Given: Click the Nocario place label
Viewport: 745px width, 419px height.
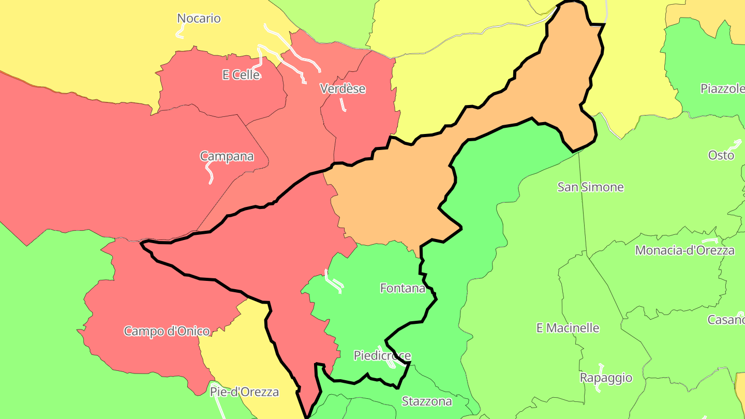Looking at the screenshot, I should [199, 19].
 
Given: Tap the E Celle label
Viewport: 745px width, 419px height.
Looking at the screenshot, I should [241, 75].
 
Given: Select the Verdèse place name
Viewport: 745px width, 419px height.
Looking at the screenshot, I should [342, 89].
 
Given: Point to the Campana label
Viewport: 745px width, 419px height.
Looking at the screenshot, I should [227, 156].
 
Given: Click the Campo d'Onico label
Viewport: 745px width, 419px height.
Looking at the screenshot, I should [167, 331].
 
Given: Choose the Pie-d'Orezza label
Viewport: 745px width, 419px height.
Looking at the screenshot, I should [244, 392].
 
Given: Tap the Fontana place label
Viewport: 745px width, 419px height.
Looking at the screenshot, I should [403, 288].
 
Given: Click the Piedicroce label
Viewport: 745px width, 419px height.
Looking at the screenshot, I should [382, 355].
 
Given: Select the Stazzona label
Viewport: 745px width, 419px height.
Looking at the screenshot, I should [427, 401].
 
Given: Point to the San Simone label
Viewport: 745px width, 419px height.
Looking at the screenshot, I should [590, 187].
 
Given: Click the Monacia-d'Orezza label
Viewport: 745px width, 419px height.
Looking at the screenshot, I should [684, 250].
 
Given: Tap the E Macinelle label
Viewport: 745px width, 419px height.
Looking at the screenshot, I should [568, 328].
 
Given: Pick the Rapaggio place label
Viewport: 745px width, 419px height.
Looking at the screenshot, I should [606, 378].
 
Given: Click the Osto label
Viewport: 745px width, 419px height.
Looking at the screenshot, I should [721, 155].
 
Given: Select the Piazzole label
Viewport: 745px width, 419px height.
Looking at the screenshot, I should [722, 88].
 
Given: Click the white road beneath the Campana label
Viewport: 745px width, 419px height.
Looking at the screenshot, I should [208, 173].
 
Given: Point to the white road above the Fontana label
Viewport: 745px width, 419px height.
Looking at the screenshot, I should [334, 282].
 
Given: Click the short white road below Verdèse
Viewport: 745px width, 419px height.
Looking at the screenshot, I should [342, 104].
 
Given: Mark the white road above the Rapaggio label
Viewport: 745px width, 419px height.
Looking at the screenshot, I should [601, 368].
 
